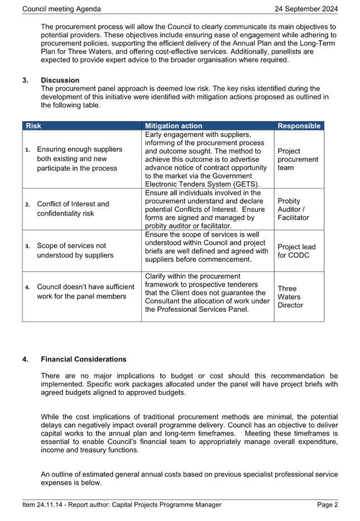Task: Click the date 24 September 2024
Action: point(306,9)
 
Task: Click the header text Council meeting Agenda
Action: point(61,9)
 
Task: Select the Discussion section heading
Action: point(60,80)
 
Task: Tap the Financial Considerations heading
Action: point(83,359)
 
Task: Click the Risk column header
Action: point(33,126)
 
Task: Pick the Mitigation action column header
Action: point(173,126)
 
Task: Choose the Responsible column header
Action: point(299,126)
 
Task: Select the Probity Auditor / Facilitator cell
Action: point(293,209)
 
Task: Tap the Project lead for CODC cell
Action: point(296,251)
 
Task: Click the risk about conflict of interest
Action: point(73,209)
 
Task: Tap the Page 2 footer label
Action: point(328,505)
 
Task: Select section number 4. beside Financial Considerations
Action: point(25,359)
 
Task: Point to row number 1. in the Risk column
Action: point(27,149)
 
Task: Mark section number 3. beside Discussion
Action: point(25,80)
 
